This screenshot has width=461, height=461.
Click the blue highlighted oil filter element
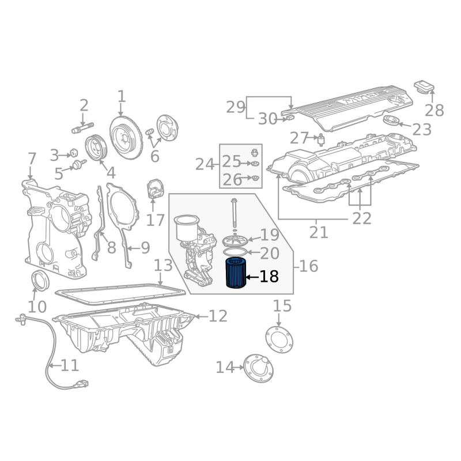[x=236, y=273]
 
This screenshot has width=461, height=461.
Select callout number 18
[x=269, y=277]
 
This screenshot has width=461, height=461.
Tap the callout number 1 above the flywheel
[x=122, y=96]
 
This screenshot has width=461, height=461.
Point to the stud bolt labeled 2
[x=82, y=128]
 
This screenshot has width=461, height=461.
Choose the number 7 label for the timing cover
[x=32, y=159]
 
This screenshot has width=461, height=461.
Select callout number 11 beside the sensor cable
[x=70, y=365]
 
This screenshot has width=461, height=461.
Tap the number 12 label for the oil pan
[x=218, y=316]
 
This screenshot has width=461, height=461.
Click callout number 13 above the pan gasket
[x=163, y=266]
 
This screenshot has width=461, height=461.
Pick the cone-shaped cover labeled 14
[x=258, y=368]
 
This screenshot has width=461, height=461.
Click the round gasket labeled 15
[x=279, y=339]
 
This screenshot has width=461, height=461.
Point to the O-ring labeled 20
[x=235, y=252]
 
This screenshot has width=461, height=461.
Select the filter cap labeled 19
[x=235, y=241]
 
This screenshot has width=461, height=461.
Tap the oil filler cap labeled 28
[x=424, y=86]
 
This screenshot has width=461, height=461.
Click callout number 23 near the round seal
[x=422, y=130]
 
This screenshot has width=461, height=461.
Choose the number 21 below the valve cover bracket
[x=319, y=233]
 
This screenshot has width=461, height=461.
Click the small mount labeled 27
[x=321, y=139]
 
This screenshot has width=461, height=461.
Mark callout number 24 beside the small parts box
[x=205, y=164]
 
